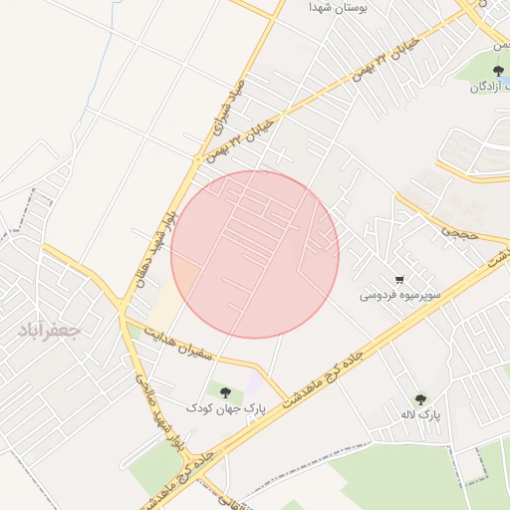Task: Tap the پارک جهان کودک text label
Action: coord(226,407)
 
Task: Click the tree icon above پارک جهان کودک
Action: coord(226,391)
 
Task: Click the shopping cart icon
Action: coord(399,280)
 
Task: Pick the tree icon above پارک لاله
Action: coord(419,398)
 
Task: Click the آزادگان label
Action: coord(491,88)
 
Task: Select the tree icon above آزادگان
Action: coord(498,70)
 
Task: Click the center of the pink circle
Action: coord(255,254)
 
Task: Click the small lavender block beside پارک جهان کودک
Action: coord(256,382)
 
